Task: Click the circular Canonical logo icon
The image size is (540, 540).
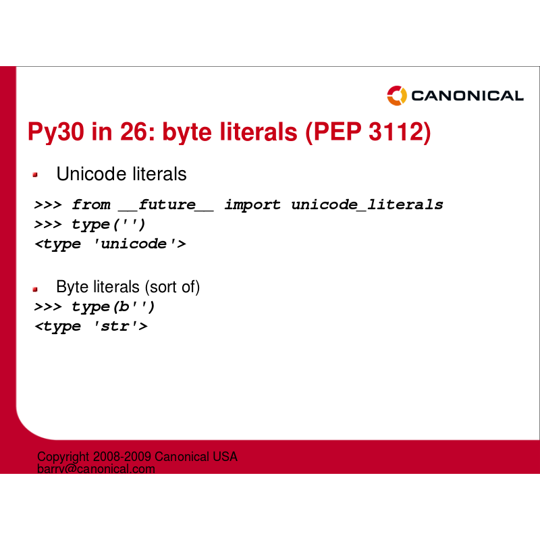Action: pos(397,95)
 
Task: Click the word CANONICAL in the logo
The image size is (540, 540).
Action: pos(467,96)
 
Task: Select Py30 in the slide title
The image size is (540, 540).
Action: pos(56,132)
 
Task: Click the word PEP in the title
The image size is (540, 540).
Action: pos(337,131)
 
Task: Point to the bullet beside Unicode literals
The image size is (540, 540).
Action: pos(35,175)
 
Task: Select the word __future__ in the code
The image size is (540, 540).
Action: pos(166,205)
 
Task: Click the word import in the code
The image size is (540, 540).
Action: pos(252,205)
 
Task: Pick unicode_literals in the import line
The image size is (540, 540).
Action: pos(367,205)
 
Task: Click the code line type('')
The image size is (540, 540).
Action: pos(109,225)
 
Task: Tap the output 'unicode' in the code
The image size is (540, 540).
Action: pos(134,244)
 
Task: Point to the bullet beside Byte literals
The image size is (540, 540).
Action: pos(35,290)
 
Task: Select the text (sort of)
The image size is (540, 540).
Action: pos(172,288)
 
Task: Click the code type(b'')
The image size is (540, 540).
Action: pos(113,307)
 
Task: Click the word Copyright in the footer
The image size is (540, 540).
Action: pos(63,457)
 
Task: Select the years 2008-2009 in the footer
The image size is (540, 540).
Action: pos(122,457)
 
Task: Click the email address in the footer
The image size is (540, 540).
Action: pos(96,469)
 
